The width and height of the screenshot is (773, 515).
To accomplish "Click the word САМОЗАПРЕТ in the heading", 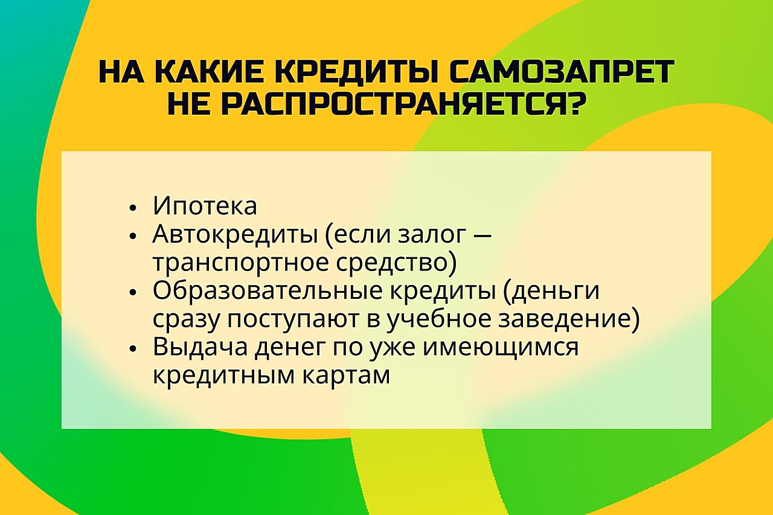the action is (562, 72).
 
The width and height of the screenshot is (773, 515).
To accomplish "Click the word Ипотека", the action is (205, 206).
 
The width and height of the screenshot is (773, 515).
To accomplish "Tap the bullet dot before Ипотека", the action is (132, 208).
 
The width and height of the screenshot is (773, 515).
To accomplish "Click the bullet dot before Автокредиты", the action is (132, 237).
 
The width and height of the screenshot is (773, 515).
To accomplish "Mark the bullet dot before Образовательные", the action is (132, 292).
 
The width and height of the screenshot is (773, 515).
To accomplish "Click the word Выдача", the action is (200, 348).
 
